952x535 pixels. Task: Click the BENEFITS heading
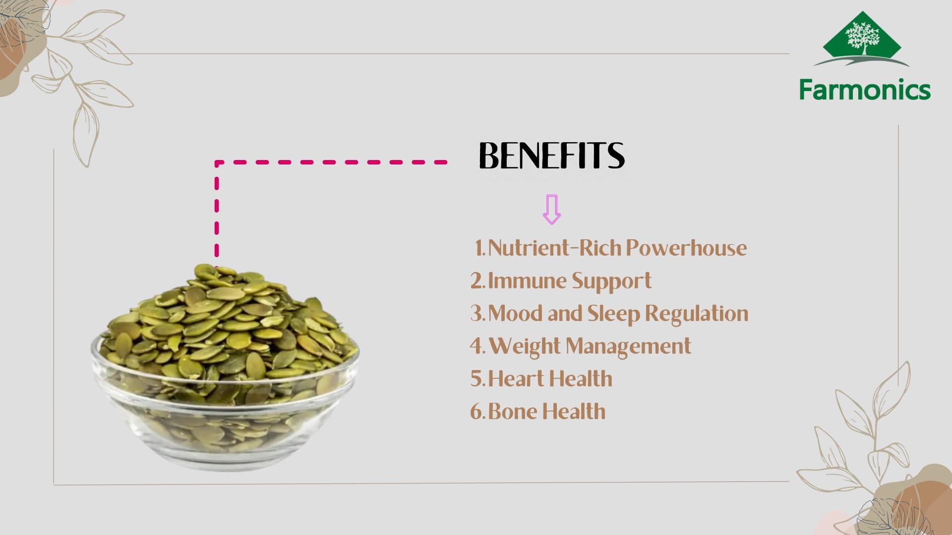point(551,156)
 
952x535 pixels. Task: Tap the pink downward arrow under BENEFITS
point(551,210)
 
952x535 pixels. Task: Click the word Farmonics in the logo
point(864,90)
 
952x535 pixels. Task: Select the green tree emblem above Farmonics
point(862,37)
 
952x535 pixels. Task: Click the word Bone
point(514,411)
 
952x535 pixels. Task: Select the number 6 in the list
point(476,412)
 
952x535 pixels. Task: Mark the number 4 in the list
point(476,346)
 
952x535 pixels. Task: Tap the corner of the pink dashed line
point(217,162)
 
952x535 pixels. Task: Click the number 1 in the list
point(479,248)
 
